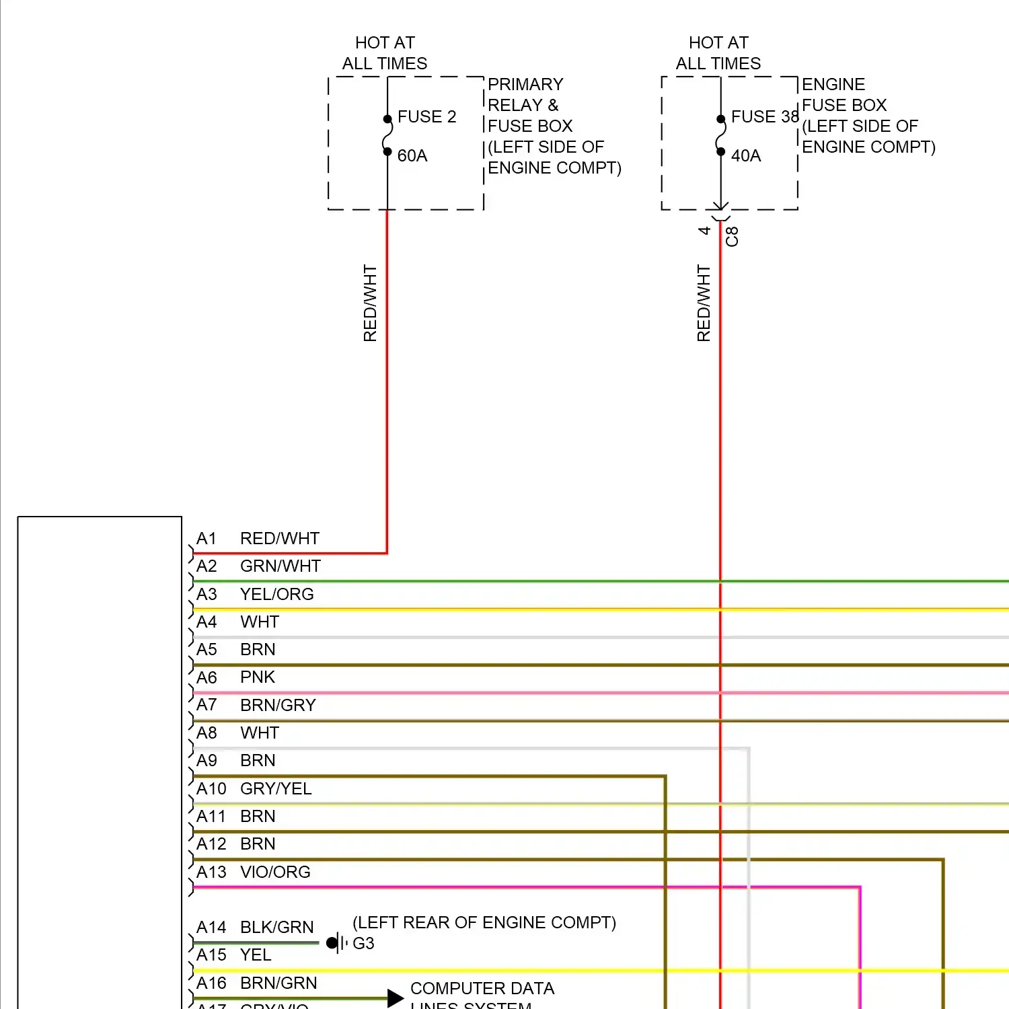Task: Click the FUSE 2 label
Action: [x=426, y=117]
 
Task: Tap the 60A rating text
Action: [x=412, y=156]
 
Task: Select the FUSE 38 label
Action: [x=764, y=117]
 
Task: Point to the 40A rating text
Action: [x=746, y=156]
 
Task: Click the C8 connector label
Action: [x=732, y=237]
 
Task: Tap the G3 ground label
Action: [x=363, y=944]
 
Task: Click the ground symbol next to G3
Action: [x=336, y=943]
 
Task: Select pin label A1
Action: [x=207, y=539]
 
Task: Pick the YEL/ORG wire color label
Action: [x=276, y=595]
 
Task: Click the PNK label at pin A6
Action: [x=258, y=677]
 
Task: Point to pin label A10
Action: [x=211, y=788]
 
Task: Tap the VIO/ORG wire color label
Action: [x=275, y=872]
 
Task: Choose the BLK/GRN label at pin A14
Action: [x=276, y=928]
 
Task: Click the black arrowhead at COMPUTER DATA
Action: [x=396, y=998]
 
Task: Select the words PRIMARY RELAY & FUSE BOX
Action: [x=530, y=105]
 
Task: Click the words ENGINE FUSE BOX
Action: [x=844, y=95]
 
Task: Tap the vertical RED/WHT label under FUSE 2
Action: [x=370, y=303]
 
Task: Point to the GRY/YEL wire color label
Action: [x=276, y=788]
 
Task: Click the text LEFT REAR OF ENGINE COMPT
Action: [x=484, y=923]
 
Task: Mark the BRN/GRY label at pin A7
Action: [x=278, y=705]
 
